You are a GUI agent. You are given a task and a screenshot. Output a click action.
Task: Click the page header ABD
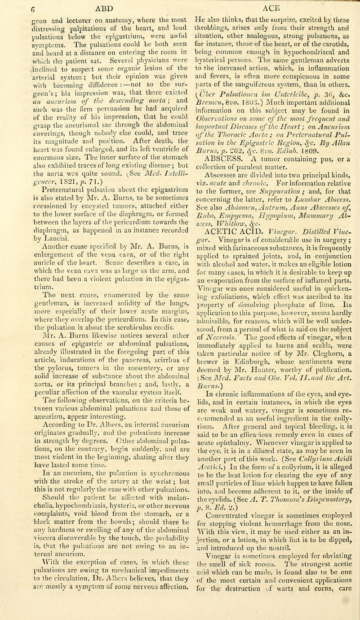[x=91, y=6]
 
